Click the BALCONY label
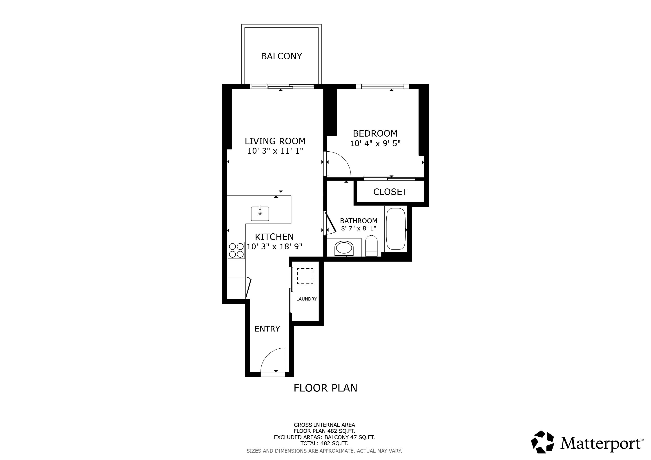[281, 56]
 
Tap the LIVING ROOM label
[275, 141]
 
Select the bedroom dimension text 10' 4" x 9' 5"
[375, 143]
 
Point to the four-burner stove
[236, 250]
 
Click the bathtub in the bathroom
[396, 229]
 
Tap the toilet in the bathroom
[371, 246]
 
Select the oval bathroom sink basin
[344, 248]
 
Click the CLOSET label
[390, 192]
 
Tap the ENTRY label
[267, 329]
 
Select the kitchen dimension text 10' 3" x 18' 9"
[274, 247]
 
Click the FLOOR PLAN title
[325, 388]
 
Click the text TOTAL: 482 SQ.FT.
[324, 444]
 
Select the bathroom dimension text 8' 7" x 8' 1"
[359, 228]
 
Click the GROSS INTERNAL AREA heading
[324, 425]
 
